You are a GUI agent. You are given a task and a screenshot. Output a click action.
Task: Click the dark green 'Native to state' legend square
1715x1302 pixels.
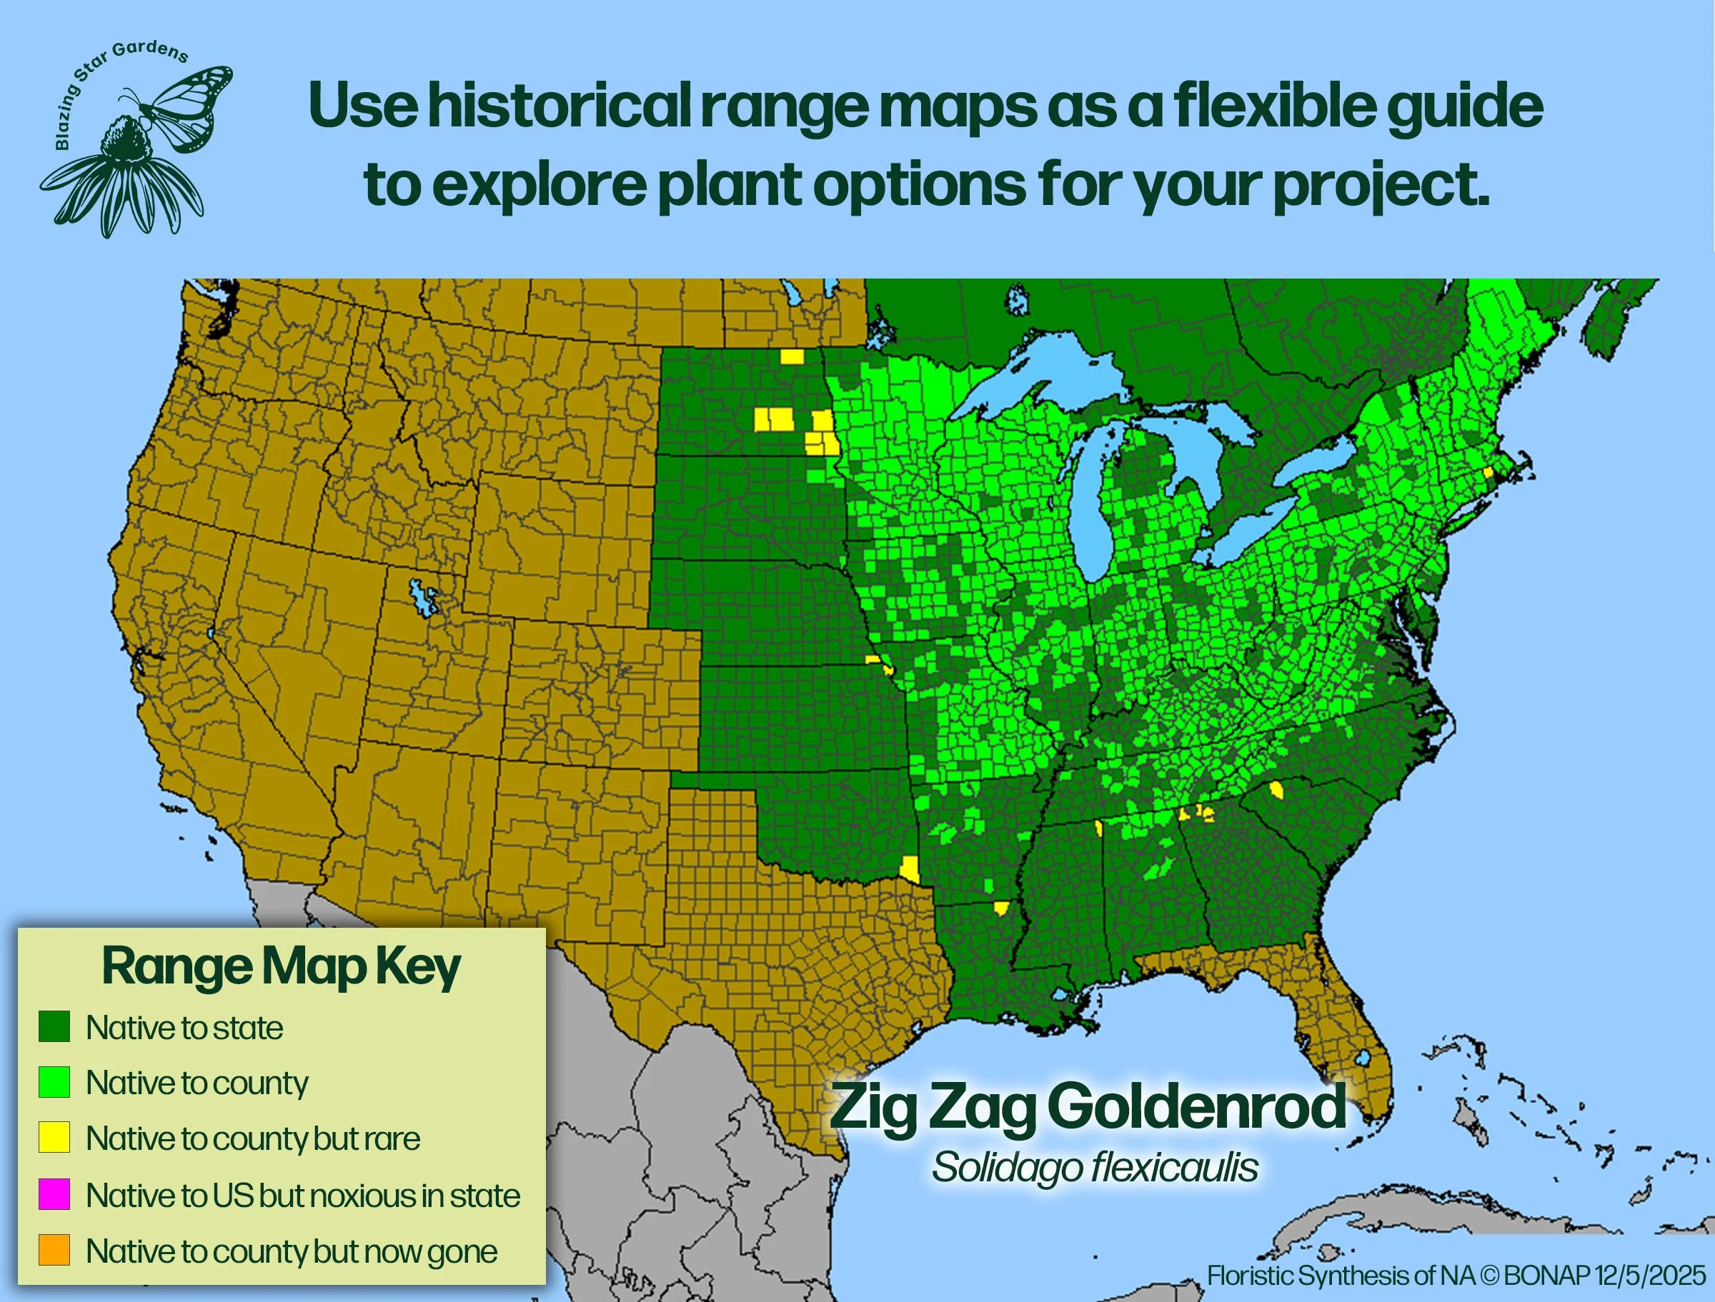[54, 1026]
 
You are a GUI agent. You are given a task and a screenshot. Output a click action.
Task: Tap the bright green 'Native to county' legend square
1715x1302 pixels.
[54, 1082]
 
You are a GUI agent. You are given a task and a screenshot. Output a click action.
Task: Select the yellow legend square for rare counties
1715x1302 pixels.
[54, 1137]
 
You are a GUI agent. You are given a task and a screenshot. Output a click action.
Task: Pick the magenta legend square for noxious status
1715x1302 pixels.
[54, 1193]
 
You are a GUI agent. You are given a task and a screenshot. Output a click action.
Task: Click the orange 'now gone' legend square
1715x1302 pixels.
[54, 1249]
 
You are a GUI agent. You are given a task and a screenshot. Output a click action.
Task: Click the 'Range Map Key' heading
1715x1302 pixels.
[281, 966]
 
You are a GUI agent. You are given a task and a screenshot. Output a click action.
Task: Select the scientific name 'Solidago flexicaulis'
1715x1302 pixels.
[1094, 1167]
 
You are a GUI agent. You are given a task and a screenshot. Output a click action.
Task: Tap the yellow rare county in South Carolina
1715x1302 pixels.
[1276, 791]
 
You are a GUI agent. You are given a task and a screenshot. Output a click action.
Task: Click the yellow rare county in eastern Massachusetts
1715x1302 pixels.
[1488, 472]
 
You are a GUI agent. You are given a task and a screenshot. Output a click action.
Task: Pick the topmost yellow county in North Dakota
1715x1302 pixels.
[792, 356]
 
